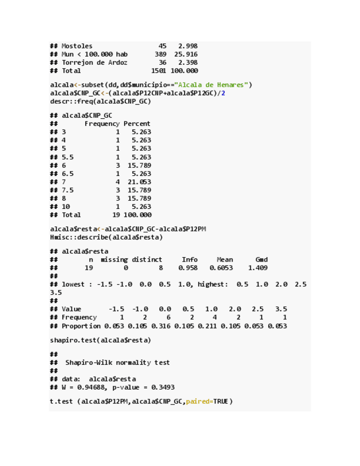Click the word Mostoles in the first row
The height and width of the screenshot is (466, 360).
[x=77, y=46]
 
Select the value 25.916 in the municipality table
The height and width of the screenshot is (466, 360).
[x=186, y=54]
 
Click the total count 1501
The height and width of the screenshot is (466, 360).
[x=159, y=71]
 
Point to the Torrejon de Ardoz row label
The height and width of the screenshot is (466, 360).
[x=95, y=63]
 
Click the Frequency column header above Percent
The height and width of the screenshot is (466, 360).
[x=102, y=124]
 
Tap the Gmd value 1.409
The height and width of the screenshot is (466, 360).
[x=258, y=268]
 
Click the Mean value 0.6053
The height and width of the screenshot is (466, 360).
[x=221, y=268]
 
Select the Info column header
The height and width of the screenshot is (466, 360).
[x=190, y=259]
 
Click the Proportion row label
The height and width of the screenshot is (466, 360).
[x=81, y=326]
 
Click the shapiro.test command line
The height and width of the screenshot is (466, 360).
[x=101, y=340]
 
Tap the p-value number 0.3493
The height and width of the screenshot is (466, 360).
[x=162, y=387]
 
